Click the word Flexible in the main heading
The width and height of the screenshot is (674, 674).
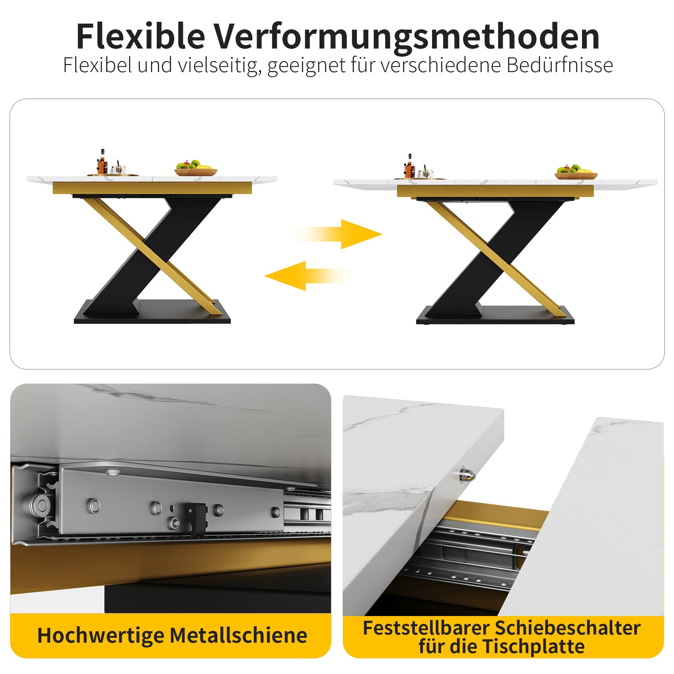141,36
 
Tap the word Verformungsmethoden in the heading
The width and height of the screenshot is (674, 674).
406,37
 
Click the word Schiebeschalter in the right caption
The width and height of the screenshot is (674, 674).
567,628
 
